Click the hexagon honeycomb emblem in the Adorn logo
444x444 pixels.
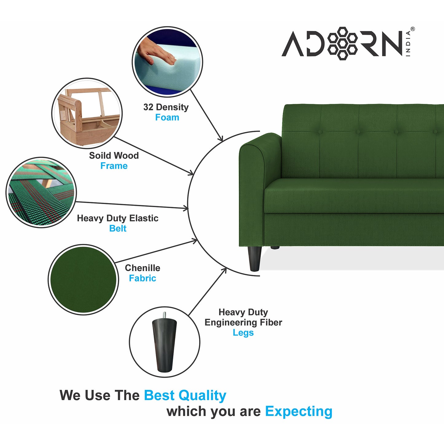pos(343,43)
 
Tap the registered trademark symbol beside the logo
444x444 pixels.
pos(412,29)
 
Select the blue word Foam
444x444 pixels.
pos(167,117)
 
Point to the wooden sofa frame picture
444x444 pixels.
pos(87,113)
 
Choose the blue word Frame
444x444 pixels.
pos(114,166)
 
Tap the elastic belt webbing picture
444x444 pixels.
pos(41,193)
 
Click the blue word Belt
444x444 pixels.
pos(118,229)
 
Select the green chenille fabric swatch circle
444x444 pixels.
pos(83,280)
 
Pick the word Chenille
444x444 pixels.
pos(142,268)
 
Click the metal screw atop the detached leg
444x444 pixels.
pos(164,315)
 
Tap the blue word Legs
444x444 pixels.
pos(243,333)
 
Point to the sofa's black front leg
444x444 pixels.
pos(254,258)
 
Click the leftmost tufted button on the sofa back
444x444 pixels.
pos(320,132)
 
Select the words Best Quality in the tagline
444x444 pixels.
pos(185,395)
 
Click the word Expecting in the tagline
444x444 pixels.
pos(299,411)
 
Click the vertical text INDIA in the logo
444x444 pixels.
pos(408,43)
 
